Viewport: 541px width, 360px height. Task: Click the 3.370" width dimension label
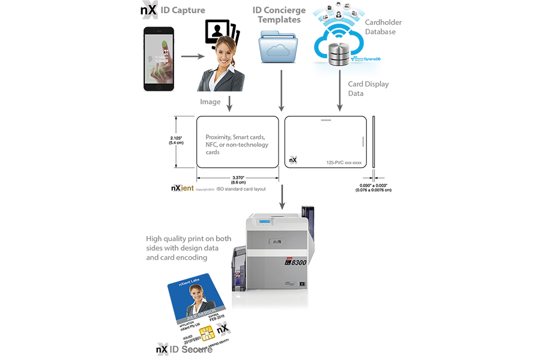pos(238,179)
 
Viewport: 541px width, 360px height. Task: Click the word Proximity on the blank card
pos(218,137)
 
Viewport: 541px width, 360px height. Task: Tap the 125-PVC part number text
pos(340,162)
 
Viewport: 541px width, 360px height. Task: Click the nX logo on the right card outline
pos(293,160)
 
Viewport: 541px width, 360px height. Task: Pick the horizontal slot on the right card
pos(325,121)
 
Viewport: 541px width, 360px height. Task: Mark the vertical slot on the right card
pos(363,142)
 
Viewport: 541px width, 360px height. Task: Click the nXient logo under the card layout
pos(183,188)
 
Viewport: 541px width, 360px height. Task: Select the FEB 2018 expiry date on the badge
pos(215,324)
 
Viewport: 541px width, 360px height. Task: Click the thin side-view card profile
pos(373,142)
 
